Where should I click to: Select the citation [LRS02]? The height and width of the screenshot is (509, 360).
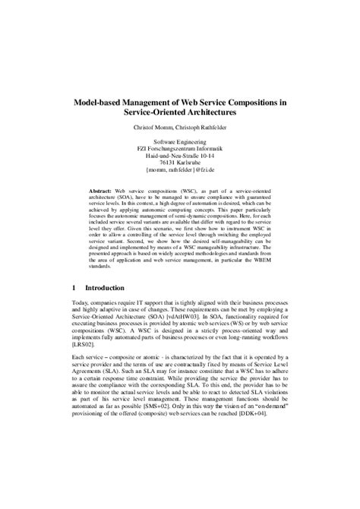click(x=83, y=366)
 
